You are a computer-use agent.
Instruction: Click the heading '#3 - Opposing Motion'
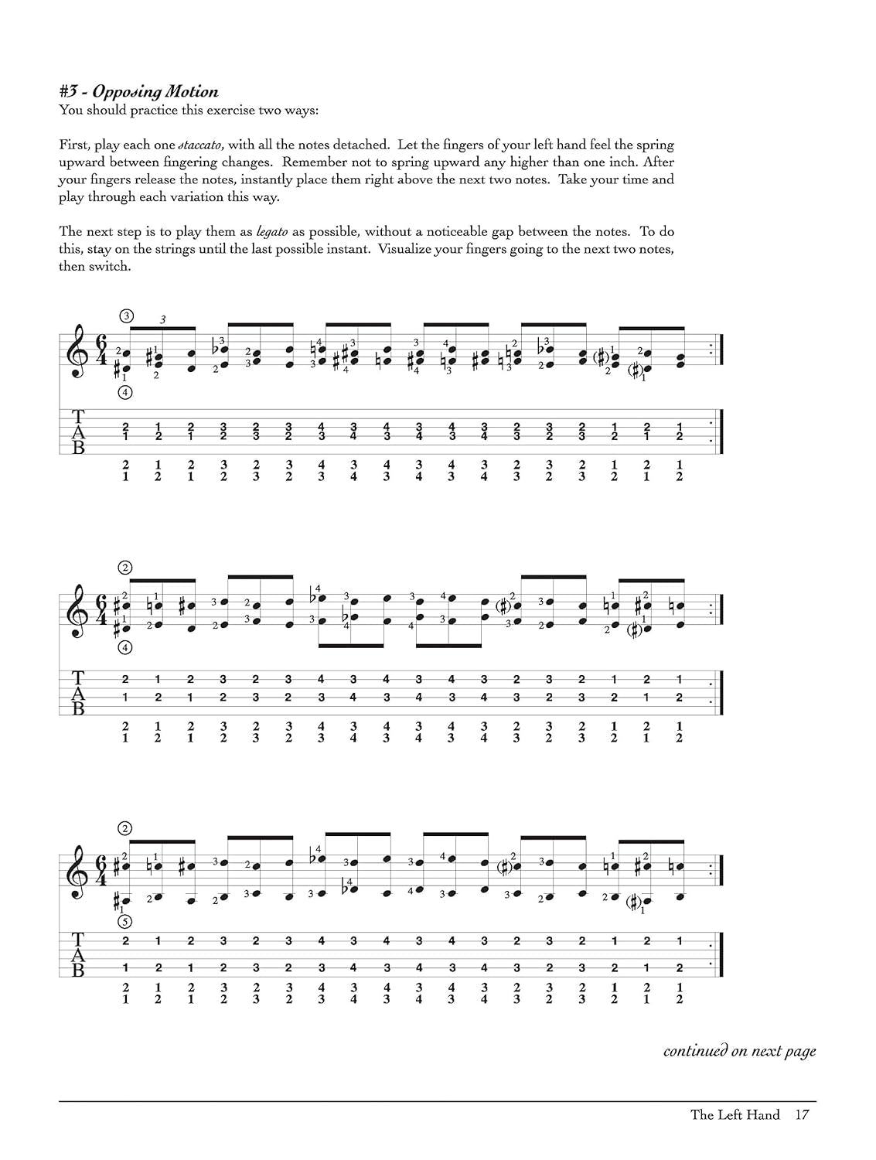click(139, 92)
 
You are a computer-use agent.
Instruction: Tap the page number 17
click(802, 1114)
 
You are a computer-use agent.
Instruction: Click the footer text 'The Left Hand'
click(735, 1114)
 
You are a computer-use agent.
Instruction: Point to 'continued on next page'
click(739, 1051)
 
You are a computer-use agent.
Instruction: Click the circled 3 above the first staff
click(127, 316)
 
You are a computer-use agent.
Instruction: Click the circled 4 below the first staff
click(127, 392)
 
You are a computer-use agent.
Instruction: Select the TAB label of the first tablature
click(78, 432)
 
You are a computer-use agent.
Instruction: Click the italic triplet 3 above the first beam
click(162, 319)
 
